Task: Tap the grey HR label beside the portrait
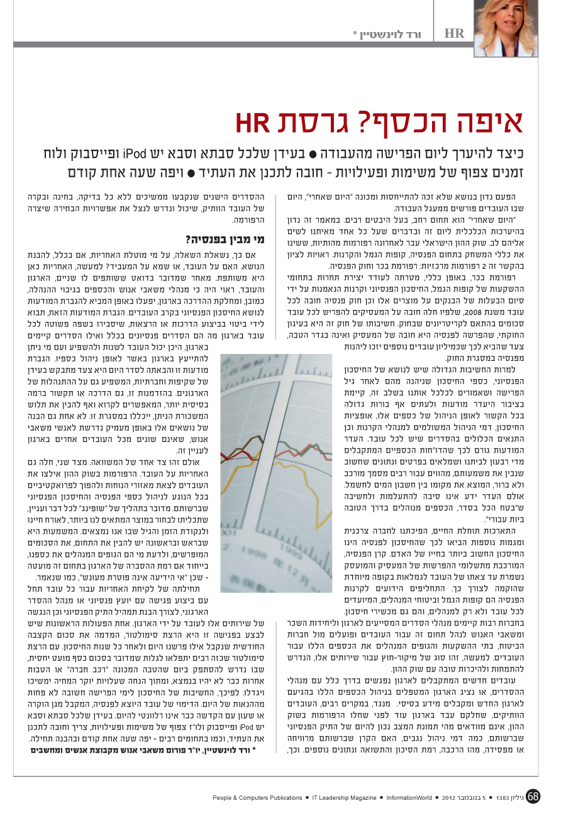pos(454,33)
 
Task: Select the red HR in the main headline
pos(254,123)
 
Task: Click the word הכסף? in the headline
pos(401,123)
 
